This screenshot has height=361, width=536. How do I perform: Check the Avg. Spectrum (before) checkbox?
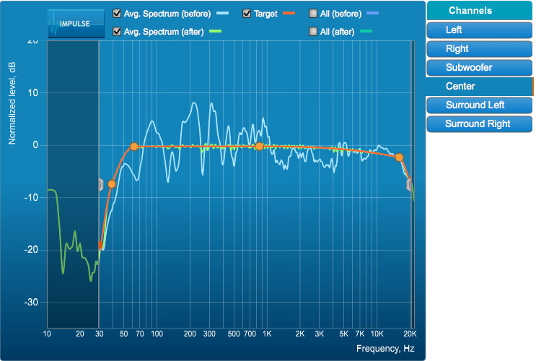[x=118, y=14]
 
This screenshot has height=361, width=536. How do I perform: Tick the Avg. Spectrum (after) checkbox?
[x=118, y=31]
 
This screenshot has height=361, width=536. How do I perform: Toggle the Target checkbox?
[x=247, y=14]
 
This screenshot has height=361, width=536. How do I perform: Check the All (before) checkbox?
[x=312, y=14]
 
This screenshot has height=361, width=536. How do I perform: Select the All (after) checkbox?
[x=312, y=31]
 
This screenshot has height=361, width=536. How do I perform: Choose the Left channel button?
[x=479, y=30]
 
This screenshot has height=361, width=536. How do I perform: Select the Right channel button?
[x=479, y=48]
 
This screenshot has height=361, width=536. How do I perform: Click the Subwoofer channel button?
[x=479, y=67]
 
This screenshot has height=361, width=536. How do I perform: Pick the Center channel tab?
[x=479, y=86]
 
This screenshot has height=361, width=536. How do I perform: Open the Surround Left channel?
[x=479, y=105]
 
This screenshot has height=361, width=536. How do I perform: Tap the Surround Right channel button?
[x=479, y=123]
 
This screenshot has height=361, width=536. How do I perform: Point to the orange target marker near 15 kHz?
[x=399, y=157]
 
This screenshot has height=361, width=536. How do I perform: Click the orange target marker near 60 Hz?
[x=134, y=147]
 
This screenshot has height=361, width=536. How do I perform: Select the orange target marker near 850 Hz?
[x=259, y=147]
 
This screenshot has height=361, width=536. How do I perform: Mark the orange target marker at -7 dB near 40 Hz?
[x=112, y=184]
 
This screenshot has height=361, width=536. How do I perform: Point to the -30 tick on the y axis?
[x=32, y=302]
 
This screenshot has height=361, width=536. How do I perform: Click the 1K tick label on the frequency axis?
[x=266, y=334]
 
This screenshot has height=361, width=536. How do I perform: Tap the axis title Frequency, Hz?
[x=385, y=349]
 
